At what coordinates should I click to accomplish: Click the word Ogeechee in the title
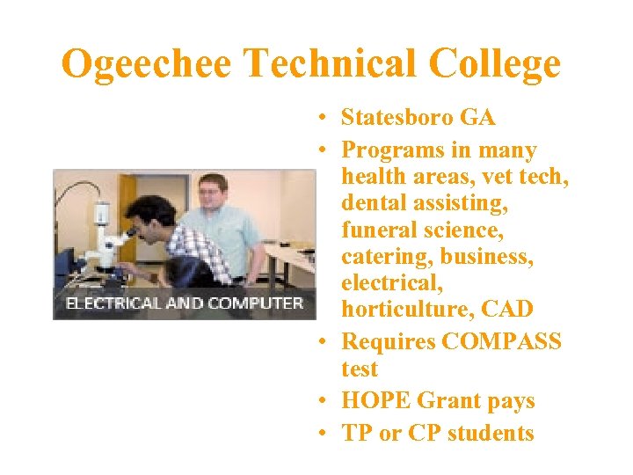148,64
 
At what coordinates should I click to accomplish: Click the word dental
374,204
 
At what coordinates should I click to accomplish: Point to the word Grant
447,401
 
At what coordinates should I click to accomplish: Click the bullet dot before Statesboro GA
324,118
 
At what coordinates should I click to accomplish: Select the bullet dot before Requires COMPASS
324,341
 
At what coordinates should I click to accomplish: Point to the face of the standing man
213,192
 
